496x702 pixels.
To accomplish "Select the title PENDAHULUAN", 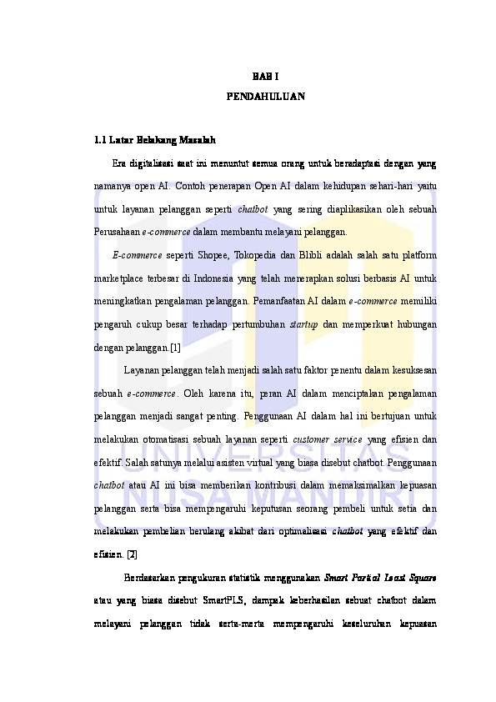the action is click(x=266, y=97).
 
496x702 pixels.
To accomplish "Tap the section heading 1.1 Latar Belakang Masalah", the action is click(x=156, y=139).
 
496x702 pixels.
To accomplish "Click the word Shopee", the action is click(x=205, y=254).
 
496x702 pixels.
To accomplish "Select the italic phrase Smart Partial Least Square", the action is click(x=380, y=576).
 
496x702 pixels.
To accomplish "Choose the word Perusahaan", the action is click(x=117, y=231).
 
